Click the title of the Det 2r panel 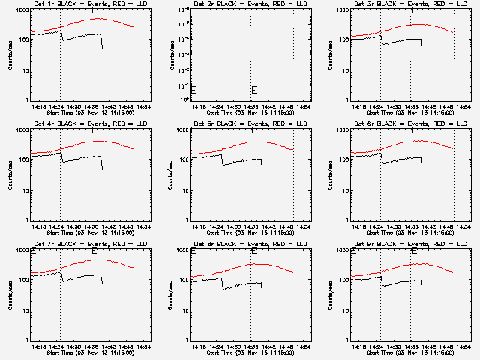(240, 4)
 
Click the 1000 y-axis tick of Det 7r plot (22, 251)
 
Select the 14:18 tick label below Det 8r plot (198, 346)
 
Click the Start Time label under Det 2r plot (250, 112)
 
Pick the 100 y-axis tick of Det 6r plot (343, 160)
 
